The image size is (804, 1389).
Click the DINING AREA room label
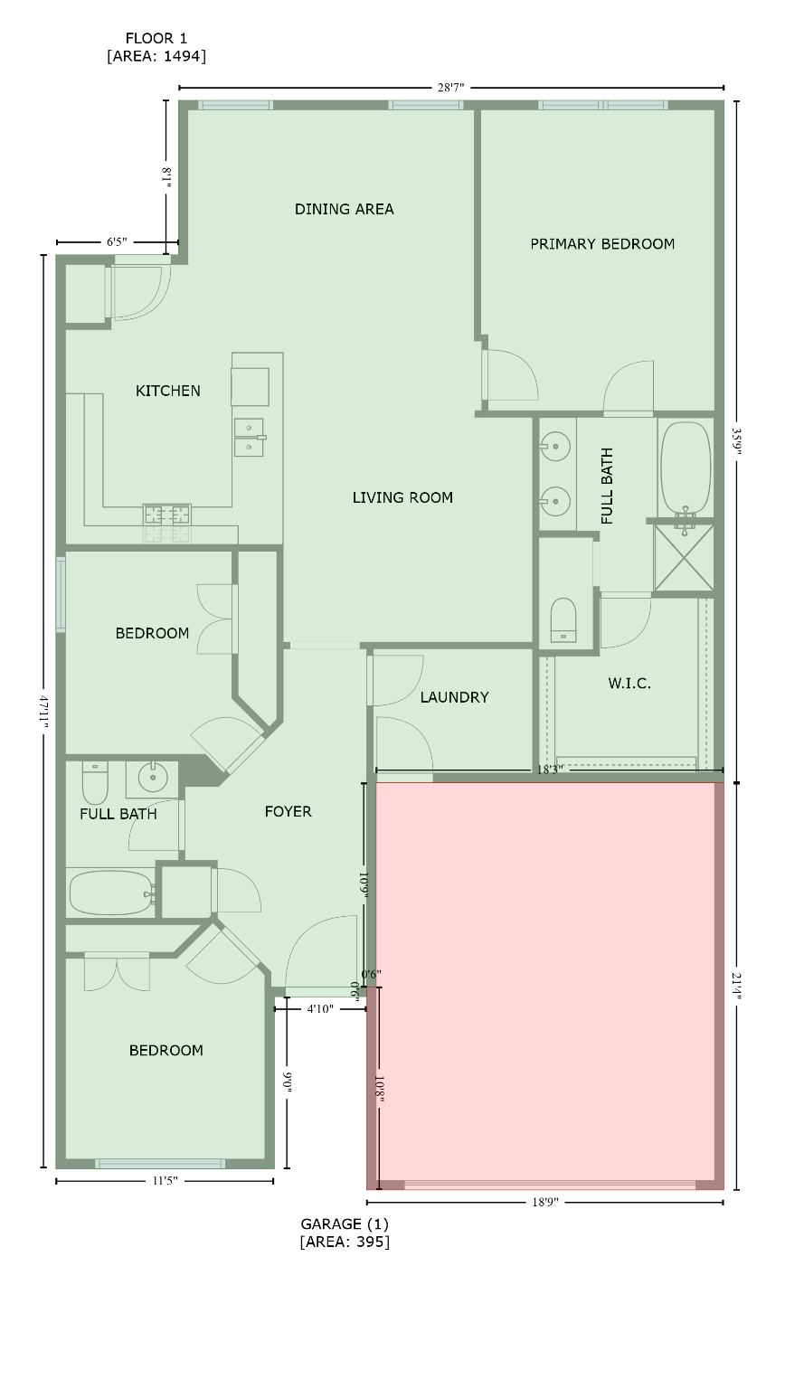[x=344, y=209]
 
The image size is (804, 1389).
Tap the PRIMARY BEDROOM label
[x=602, y=243]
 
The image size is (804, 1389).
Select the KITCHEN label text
[x=168, y=391]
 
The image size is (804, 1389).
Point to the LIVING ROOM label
[x=402, y=497]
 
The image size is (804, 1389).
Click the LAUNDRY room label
[x=455, y=697]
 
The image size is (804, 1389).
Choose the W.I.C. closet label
[x=629, y=684]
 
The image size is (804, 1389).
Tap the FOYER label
[x=288, y=811]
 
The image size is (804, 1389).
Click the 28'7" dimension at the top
[x=451, y=88]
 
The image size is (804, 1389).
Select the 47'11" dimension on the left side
[x=43, y=712]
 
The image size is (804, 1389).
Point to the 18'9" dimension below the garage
[x=545, y=1203]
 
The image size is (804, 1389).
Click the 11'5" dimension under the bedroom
[x=165, y=1181]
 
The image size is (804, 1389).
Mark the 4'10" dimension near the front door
[x=320, y=1009]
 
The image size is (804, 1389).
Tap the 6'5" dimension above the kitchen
[x=117, y=241]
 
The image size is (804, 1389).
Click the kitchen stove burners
[x=167, y=514]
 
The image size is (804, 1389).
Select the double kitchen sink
[x=250, y=437]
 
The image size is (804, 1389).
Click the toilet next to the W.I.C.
[x=563, y=619]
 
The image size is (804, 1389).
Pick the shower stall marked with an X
[x=684, y=558]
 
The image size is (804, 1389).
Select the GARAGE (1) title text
[x=345, y=1224]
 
